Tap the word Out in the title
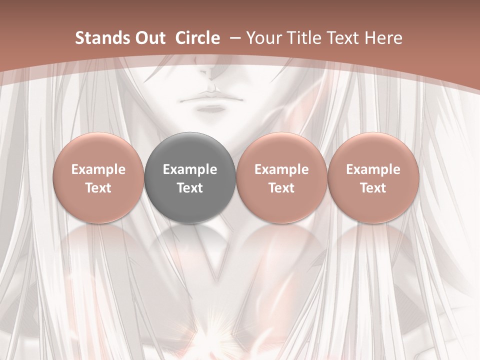pyautogui.click(x=148, y=38)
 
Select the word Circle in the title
pyautogui.click(x=197, y=38)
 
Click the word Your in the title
pyautogui.click(x=263, y=38)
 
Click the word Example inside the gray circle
pyautogui.click(x=190, y=169)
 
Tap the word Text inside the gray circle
pyautogui.click(x=190, y=188)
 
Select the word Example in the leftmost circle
pyautogui.click(x=98, y=169)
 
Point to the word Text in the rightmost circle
pyautogui.click(x=373, y=188)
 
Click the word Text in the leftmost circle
pyautogui.click(x=98, y=188)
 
